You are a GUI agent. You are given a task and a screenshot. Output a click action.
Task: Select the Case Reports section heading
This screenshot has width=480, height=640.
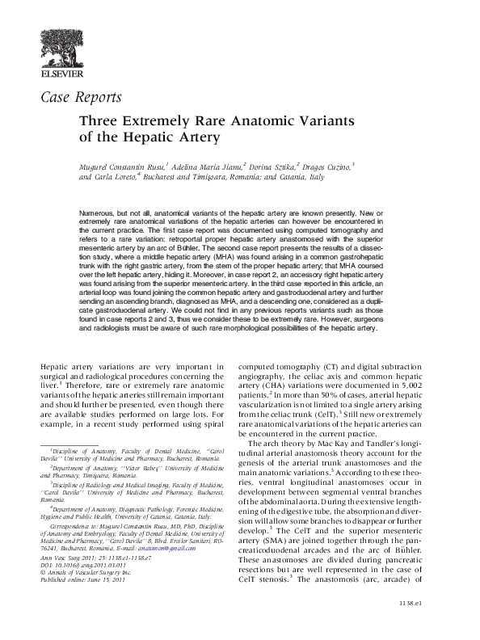point(81,99)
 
